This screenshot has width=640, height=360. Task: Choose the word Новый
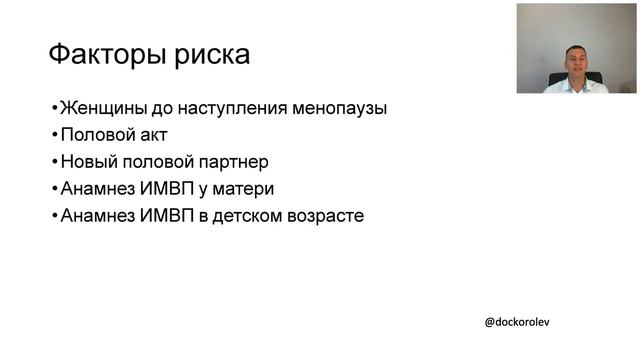[88, 161]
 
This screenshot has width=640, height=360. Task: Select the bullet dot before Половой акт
[54, 135]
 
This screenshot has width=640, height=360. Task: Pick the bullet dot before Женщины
[54, 108]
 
